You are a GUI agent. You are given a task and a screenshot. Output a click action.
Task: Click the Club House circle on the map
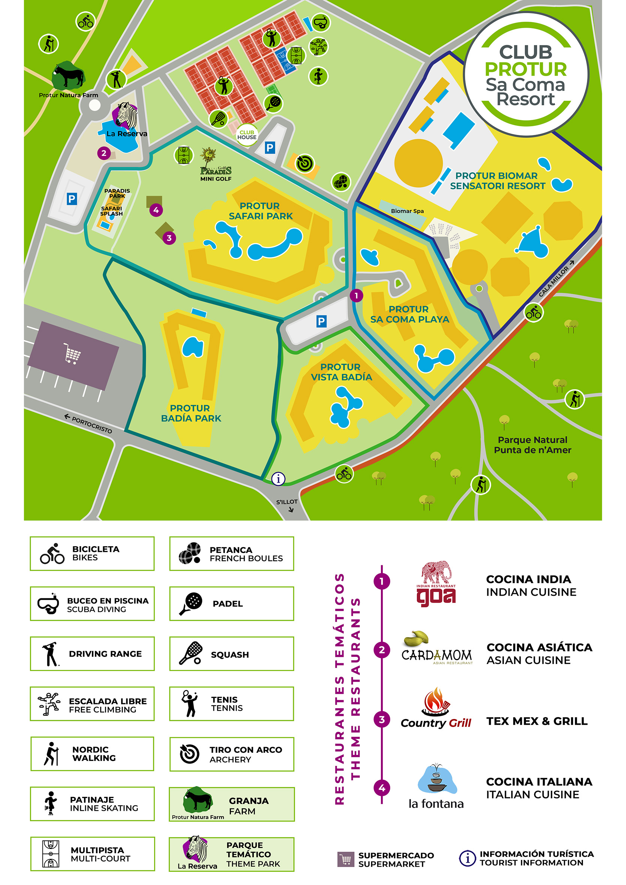point(247,135)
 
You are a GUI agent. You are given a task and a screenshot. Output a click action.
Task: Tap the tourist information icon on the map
point(278,479)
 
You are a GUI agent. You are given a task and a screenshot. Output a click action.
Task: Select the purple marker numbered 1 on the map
point(356,296)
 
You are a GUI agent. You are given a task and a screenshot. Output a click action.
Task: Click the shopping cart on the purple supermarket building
point(72,353)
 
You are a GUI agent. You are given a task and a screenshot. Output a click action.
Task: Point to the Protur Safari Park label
point(261,211)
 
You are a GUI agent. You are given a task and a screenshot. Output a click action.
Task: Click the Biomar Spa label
point(407,211)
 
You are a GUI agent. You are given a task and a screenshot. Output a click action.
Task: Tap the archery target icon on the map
point(304,163)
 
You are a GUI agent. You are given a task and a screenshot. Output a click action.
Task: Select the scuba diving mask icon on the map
point(320,22)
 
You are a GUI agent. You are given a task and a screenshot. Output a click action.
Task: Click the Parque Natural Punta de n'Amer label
point(532,445)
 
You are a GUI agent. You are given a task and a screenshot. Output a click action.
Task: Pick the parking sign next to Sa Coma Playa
point(321,321)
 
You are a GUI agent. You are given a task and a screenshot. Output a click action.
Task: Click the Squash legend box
point(231,654)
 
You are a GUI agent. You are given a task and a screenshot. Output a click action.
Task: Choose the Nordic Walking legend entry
point(92,753)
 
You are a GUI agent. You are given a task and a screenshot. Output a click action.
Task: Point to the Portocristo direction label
point(89,424)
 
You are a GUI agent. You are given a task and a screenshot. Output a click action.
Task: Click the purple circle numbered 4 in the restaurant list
point(382,788)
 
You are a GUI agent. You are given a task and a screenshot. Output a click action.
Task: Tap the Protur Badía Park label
point(191,413)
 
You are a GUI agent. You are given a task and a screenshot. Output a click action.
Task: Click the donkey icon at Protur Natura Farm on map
point(68,75)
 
